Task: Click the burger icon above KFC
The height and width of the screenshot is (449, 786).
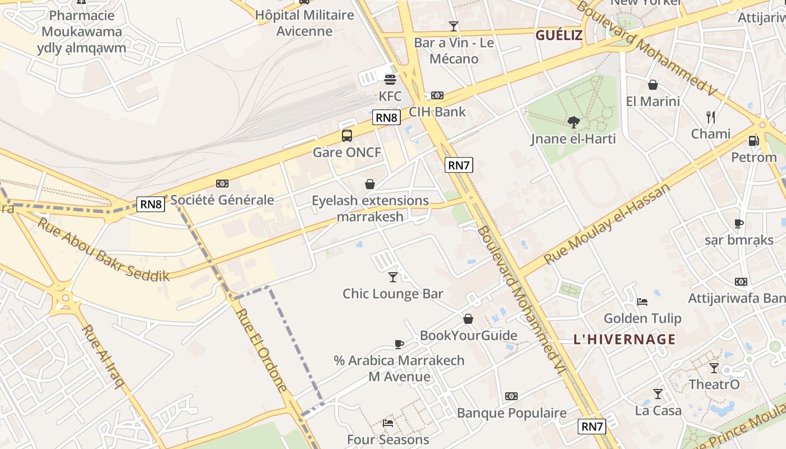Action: pos(390,80)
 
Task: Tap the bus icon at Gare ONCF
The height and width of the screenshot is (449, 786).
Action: pos(347,135)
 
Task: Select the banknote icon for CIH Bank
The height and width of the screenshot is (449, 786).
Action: pos(437,95)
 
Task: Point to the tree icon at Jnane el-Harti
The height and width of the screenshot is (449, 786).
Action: pos(573,122)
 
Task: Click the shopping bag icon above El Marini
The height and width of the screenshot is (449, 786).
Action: pos(653,85)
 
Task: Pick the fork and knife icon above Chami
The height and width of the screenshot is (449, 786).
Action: pos(711,117)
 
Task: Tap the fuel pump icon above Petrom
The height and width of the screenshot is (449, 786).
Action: pos(753,140)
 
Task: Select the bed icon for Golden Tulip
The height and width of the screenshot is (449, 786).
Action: pos(642,302)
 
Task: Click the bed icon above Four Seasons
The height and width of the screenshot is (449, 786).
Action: pos(387,423)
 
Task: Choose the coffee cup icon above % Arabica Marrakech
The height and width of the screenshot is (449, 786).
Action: pos(399,343)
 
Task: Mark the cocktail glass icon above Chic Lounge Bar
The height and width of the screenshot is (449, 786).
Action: pos(393,277)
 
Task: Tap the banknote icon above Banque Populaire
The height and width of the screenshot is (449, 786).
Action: pos(511,396)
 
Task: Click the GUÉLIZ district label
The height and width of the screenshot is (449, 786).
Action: pos(559,35)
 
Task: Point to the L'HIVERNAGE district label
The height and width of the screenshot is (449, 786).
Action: pos(624,339)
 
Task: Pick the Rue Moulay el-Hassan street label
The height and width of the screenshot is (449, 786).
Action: pos(607,223)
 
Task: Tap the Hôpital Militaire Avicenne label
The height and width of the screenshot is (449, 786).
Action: pos(305,23)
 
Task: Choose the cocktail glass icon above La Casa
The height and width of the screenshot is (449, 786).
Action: pos(658,393)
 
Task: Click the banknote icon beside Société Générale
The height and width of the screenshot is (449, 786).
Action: pos(222,184)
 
